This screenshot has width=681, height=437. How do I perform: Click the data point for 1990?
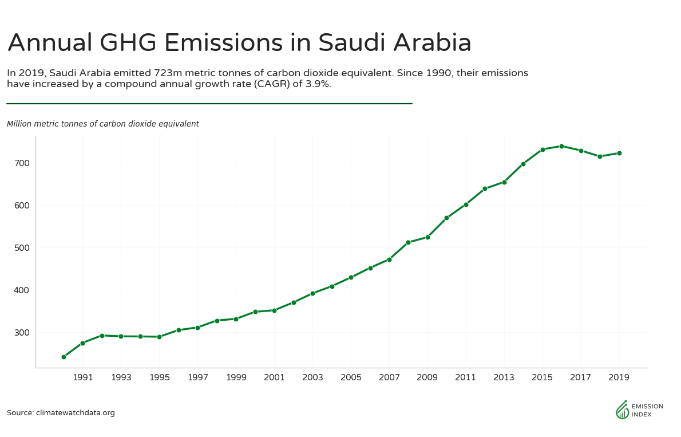(64, 357)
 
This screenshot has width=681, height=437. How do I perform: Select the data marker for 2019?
(619, 153)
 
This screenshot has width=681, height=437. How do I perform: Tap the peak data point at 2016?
(561, 146)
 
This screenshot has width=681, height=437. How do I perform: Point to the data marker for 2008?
(408, 242)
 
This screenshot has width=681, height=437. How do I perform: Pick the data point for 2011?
(466, 204)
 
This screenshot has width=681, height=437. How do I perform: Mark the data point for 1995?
(159, 337)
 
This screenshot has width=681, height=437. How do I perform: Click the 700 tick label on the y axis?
(21, 163)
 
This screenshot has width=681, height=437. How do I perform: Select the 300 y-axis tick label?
(21, 333)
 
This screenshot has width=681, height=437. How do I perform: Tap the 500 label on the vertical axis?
(21, 248)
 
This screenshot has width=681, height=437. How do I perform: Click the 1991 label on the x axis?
(82, 377)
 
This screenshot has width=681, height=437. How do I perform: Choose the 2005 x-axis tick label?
(351, 377)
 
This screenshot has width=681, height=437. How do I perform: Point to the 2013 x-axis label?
(504, 377)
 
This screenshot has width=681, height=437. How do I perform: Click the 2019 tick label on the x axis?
(619, 377)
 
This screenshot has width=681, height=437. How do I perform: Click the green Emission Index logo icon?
(621, 410)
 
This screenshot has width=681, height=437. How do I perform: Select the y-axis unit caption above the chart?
(103, 124)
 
